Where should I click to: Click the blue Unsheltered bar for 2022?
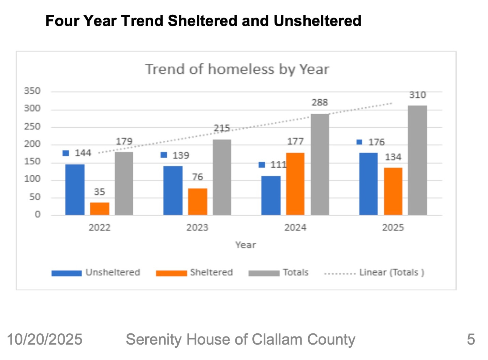(75, 190)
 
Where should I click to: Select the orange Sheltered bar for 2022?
(100, 208)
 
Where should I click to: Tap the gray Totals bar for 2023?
(222, 177)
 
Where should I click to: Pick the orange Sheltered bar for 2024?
(295, 184)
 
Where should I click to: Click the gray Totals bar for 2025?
(417, 160)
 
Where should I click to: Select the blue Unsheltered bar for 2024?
(271, 196)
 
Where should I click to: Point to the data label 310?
(417, 95)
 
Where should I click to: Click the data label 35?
(100, 192)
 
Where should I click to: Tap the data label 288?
(320, 102)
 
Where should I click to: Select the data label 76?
(197, 177)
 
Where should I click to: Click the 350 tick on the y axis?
(32, 91)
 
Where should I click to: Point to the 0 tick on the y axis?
(37, 214)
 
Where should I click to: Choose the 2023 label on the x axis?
(197, 228)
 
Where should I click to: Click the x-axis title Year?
(245, 245)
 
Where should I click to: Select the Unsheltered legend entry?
(113, 272)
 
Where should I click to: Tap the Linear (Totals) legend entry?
(391, 272)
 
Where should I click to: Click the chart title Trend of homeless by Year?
(237, 69)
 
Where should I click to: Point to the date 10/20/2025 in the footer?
(45, 340)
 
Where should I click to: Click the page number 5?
(471, 340)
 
